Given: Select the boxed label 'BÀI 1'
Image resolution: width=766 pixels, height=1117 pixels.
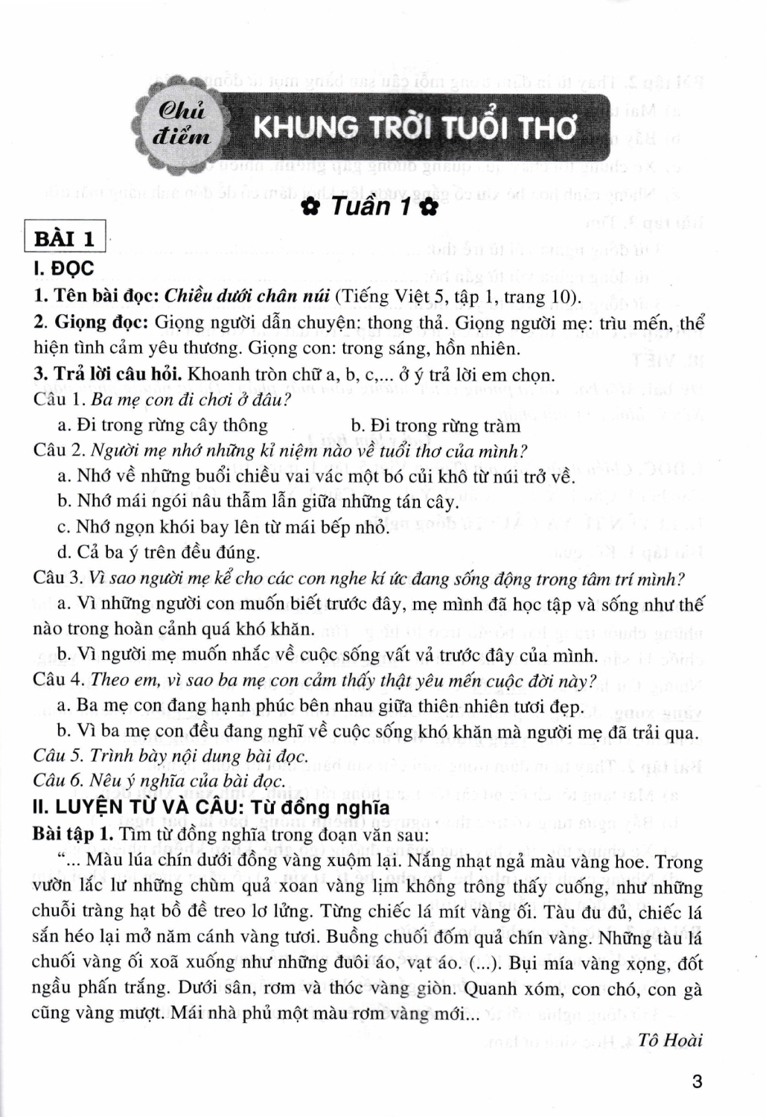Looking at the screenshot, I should point(66,239).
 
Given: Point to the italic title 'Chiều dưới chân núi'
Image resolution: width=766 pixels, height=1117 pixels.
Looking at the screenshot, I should point(246,296).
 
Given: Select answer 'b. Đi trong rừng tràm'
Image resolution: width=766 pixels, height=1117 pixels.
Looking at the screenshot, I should point(435,425).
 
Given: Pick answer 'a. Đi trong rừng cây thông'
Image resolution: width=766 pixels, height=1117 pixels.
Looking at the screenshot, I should point(162,425).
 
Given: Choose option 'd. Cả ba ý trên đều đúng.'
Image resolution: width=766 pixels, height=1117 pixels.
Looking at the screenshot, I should point(159,552).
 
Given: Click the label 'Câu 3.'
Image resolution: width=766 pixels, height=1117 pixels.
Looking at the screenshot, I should point(60,578).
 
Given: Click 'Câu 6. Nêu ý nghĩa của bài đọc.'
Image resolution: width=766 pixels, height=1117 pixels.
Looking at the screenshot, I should point(159,780).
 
